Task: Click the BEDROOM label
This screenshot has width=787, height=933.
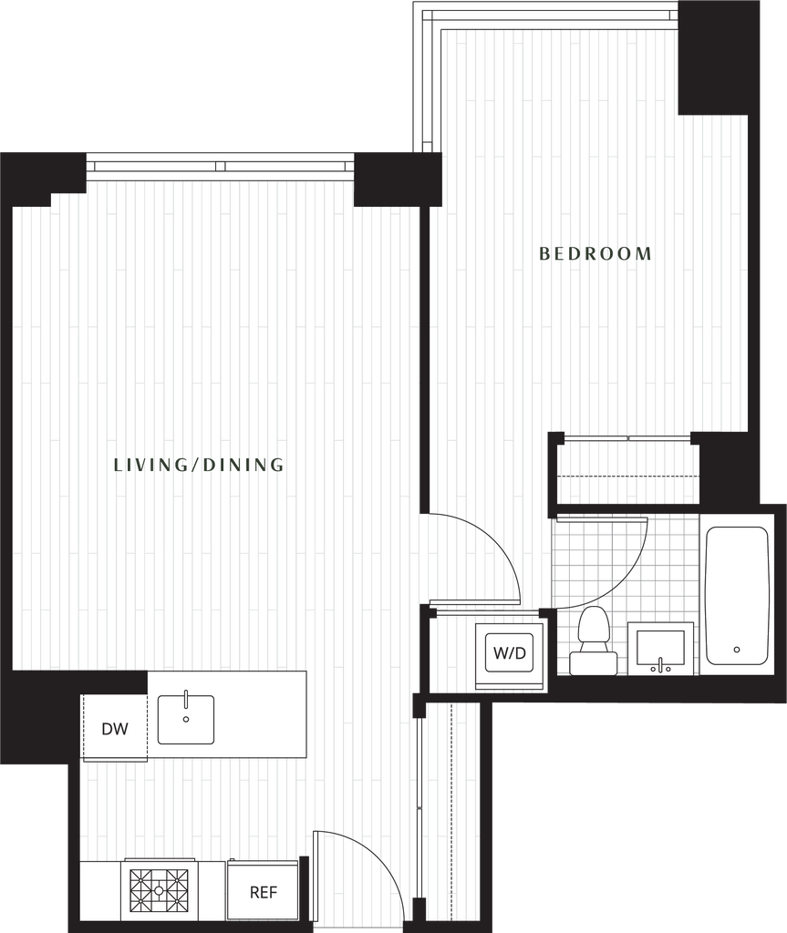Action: pos(595,254)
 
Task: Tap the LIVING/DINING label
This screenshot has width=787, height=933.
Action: pos(199,465)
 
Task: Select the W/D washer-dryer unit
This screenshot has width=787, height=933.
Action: pos(510,656)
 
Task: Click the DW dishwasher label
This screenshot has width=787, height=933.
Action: pos(115,728)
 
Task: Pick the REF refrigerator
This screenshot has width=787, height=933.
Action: pos(263,891)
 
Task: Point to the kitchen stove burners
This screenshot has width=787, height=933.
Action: pos(159,891)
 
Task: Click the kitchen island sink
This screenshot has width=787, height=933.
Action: pos(186,720)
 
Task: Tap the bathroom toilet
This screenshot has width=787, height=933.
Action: pos(593,641)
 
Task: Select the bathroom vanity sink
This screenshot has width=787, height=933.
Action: pos(661,649)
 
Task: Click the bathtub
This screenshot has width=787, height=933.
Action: pos(737,596)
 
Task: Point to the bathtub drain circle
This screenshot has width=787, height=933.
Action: pos(737,650)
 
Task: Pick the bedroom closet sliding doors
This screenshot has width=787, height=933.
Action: pos(627,438)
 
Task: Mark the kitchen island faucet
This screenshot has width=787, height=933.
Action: pos(186,699)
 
